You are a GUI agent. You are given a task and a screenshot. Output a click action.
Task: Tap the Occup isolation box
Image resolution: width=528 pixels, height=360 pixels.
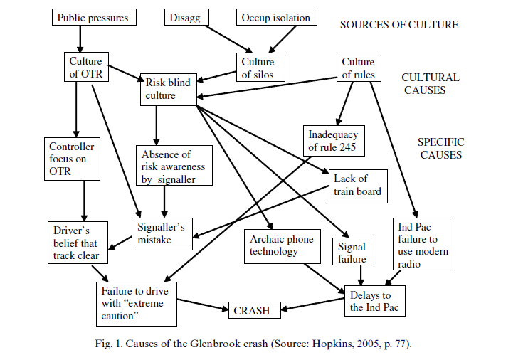point(275,17)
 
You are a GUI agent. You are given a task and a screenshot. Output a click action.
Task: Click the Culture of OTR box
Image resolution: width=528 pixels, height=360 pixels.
point(85,68)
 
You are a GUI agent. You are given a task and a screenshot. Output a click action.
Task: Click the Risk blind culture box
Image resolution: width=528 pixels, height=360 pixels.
point(168,89)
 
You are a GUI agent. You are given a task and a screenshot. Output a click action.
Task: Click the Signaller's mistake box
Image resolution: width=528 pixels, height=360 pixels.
point(160,233)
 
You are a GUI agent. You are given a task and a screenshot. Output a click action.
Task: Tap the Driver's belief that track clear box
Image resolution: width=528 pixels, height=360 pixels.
point(80,243)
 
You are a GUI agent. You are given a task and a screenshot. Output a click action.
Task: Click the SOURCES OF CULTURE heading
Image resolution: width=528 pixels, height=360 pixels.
point(398,25)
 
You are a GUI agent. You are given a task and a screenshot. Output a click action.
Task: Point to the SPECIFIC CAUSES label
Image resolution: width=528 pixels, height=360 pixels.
point(440,148)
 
